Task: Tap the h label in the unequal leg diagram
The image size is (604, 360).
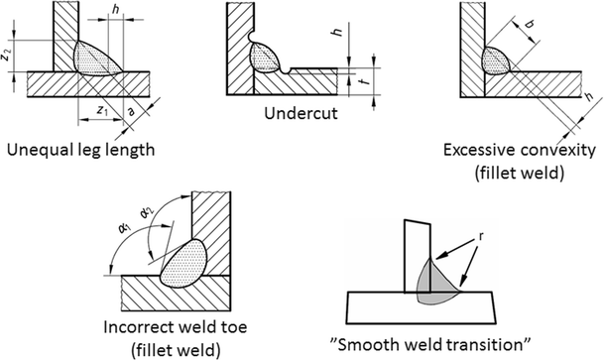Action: point(118,11)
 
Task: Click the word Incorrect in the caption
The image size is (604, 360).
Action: point(138,324)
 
